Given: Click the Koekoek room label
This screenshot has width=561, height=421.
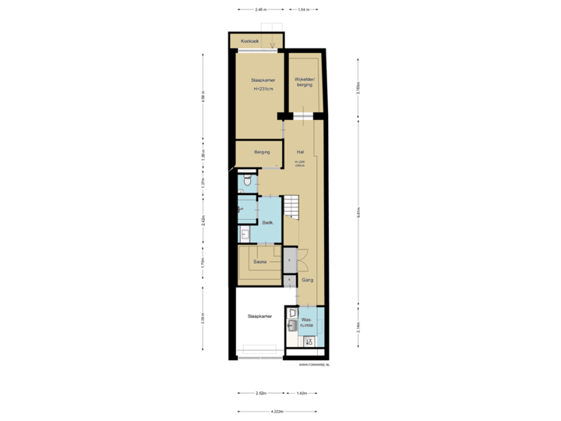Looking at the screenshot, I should click(x=249, y=40).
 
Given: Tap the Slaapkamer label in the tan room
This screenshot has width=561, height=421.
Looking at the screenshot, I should click(x=261, y=80).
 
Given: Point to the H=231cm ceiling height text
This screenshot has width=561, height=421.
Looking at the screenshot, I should click(x=264, y=90).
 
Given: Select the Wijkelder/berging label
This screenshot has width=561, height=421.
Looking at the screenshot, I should click(x=303, y=82).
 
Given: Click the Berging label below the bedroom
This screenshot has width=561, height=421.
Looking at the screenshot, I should click(x=262, y=152).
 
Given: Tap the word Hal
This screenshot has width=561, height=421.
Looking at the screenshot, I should click(x=300, y=152).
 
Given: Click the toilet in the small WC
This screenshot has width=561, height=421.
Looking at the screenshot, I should click(x=245, y=182).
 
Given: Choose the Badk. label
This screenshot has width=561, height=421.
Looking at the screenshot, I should click(x=266, y=222).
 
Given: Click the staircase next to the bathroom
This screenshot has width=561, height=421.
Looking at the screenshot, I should click(x=291, y=207).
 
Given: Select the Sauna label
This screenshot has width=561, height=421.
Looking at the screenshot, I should click(x=260, y=262).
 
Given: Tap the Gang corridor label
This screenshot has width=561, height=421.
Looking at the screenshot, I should click(x=307, y=278).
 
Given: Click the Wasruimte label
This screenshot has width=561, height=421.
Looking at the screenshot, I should click(x=307, y=321).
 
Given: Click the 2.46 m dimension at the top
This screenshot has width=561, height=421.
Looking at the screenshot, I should click(x=260, y=9).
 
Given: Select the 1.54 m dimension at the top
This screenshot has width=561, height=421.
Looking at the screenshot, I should click(x=304, y=9).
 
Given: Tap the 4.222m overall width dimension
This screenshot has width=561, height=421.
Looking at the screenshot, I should click(x=277, y=411).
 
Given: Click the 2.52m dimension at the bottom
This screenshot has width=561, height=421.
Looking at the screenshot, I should click(x=261, y=393).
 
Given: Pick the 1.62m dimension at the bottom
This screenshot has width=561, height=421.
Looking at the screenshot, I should click(x=302, y=393).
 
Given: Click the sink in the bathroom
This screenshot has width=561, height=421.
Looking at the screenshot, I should click(x=244, y=233).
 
